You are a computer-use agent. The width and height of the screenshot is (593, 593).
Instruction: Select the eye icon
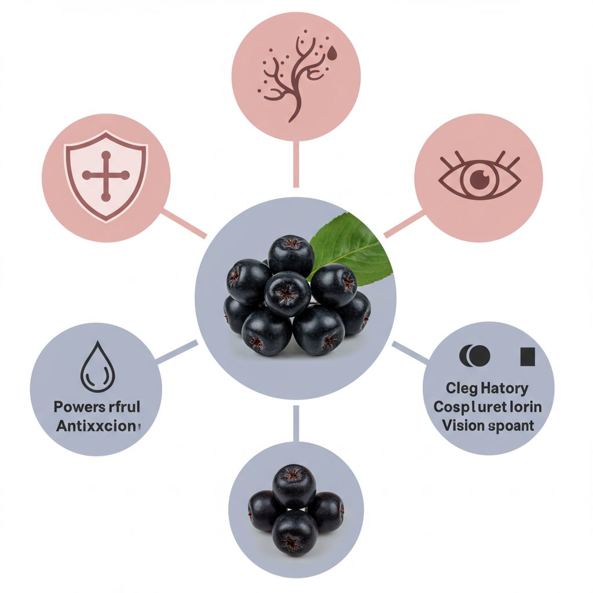(x=479, y=178)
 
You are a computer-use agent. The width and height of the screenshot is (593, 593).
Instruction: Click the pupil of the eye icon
(x=479, y=180)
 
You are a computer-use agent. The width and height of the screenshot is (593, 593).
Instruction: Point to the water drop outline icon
(x=97, y=367)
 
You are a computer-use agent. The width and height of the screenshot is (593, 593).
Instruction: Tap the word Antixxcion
(x=97, y=426)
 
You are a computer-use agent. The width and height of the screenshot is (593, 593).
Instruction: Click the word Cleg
(x=459, y=388)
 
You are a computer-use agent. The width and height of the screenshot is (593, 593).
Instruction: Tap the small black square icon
(x=528, y=357)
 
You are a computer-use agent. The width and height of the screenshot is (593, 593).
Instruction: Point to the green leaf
(x=353, y=246)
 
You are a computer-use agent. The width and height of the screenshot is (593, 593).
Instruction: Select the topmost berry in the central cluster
(x=291, y=255)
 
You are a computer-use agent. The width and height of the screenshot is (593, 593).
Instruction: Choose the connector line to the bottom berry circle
(x=296, y=423)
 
